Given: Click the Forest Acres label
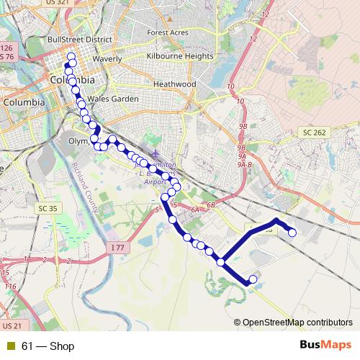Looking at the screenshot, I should (x=168, y=32).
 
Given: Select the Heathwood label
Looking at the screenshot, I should (x=175, y=84).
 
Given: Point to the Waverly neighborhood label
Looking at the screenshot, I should (x=107, y=59).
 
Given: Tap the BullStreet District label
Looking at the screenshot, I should (x=79, y=39).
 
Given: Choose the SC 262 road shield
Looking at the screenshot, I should (x=315, y=132).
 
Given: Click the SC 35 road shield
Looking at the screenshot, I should (x=48, y=209).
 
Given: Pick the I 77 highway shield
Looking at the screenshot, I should (x=118, y=248).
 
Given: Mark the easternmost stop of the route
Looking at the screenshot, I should (x=292, y=232).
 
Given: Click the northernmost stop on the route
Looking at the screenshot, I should (x=71, y=57).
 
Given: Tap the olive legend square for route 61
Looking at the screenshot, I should (x=11, y=346).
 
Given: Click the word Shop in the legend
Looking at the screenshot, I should (x=62, y=346).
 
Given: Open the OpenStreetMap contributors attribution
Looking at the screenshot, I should (x=297, y=323).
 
